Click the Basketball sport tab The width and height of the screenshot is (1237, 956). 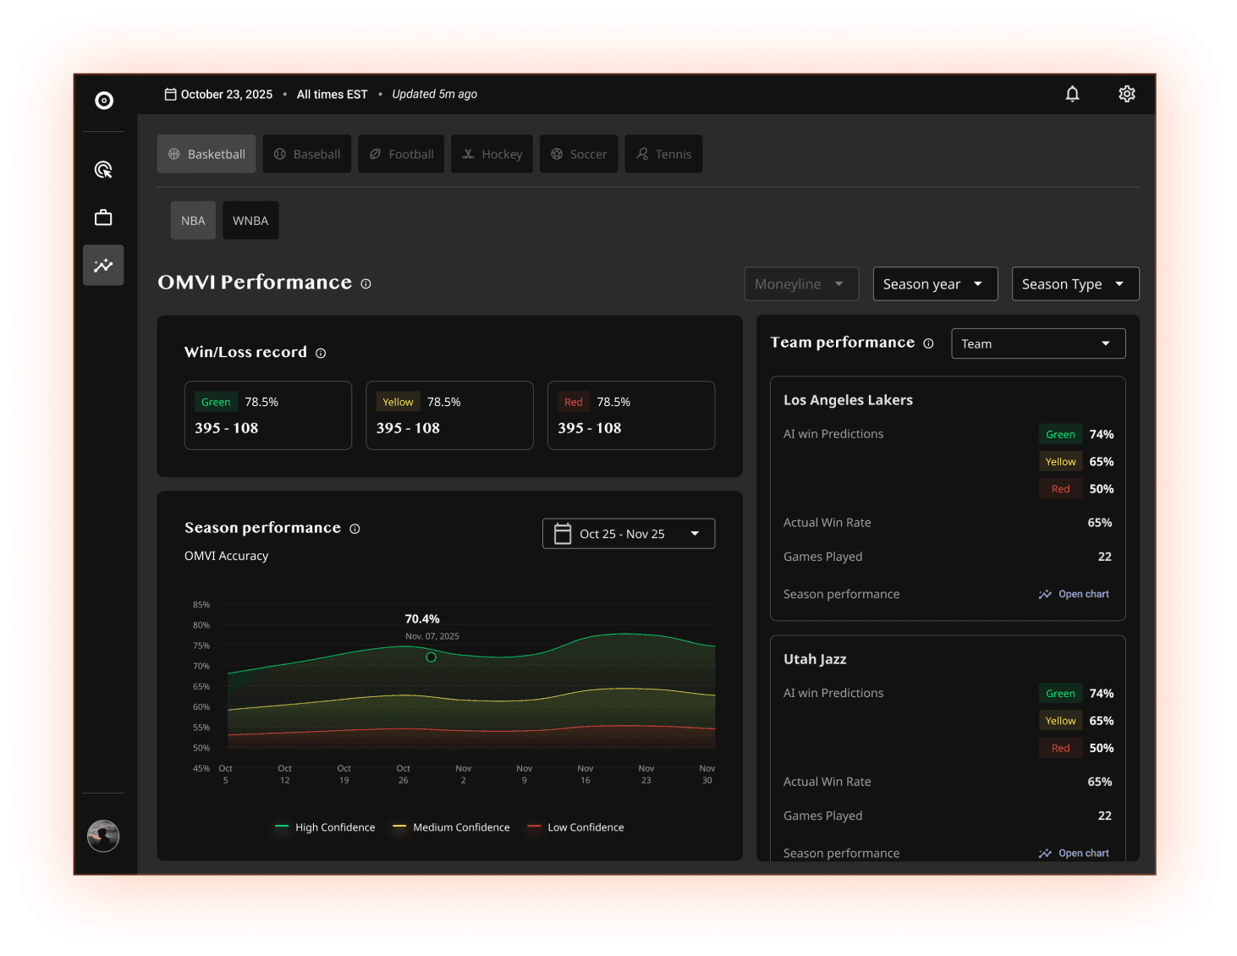click(206, 154)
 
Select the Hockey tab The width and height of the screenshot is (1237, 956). click(492, 154)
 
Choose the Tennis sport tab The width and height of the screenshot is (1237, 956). click(663, 154)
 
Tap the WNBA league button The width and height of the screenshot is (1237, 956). click(250, 221)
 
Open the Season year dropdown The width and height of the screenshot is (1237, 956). click(935, 284)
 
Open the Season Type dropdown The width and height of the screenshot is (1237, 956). click(1075, 284)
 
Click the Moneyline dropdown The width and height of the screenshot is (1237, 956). click(801, 284)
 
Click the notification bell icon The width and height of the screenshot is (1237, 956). click(1072, 94)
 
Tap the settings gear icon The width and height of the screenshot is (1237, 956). click(1126, 94)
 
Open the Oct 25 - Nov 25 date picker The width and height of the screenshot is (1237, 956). click(628, 534)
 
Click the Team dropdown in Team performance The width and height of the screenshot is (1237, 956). click(1038, 343)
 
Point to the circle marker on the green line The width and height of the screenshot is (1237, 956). click(431, 657)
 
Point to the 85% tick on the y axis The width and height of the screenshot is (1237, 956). click(201, 605)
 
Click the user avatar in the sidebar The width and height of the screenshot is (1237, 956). click(103, 836)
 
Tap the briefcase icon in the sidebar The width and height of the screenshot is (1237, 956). click(103, 218)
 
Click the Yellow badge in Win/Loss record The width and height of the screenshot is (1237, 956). click(398, 402)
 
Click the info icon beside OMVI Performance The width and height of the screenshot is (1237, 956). click(366, 284)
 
